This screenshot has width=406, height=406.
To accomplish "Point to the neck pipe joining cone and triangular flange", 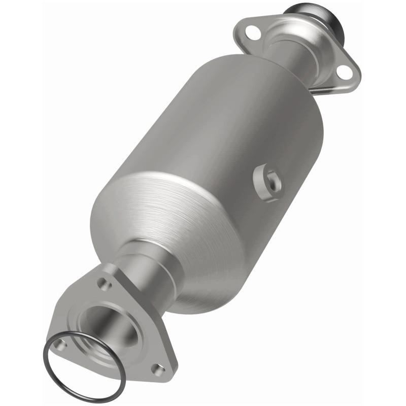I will click(147, 269).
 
